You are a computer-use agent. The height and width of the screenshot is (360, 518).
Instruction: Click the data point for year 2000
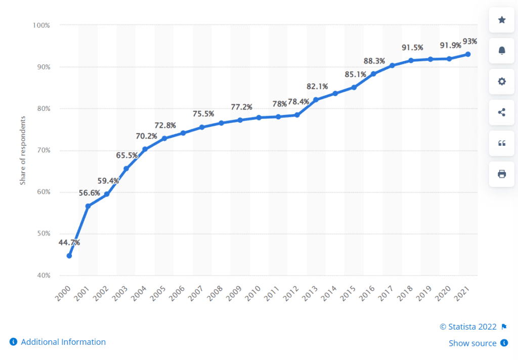[x=69, y=256]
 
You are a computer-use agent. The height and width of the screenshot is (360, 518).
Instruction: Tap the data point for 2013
[x=316, y=100]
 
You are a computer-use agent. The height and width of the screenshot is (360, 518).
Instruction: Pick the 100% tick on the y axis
[x=41, y=25]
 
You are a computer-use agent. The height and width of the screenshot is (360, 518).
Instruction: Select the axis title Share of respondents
[x=23, y=150]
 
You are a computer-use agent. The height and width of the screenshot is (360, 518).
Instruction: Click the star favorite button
[x=502, y=20]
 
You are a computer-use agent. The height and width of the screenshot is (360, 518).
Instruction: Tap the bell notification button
[x=502, y=51]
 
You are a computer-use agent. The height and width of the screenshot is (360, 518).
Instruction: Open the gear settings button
[x=502, y=82]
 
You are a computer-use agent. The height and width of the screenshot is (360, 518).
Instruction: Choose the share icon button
[x=502, y=112]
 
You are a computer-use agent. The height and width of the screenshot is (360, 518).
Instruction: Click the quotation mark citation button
[x=502, y=143]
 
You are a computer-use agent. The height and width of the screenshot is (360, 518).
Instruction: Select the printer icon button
[x=502, y=174]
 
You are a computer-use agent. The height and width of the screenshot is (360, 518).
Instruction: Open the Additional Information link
[x=63, y=342]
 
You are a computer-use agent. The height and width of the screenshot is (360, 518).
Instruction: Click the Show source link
[x=472, y=343]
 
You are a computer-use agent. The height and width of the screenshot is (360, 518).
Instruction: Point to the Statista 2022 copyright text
[x=468, y=327]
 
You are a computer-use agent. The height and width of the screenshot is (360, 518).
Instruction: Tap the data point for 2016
[x=373, y=74]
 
